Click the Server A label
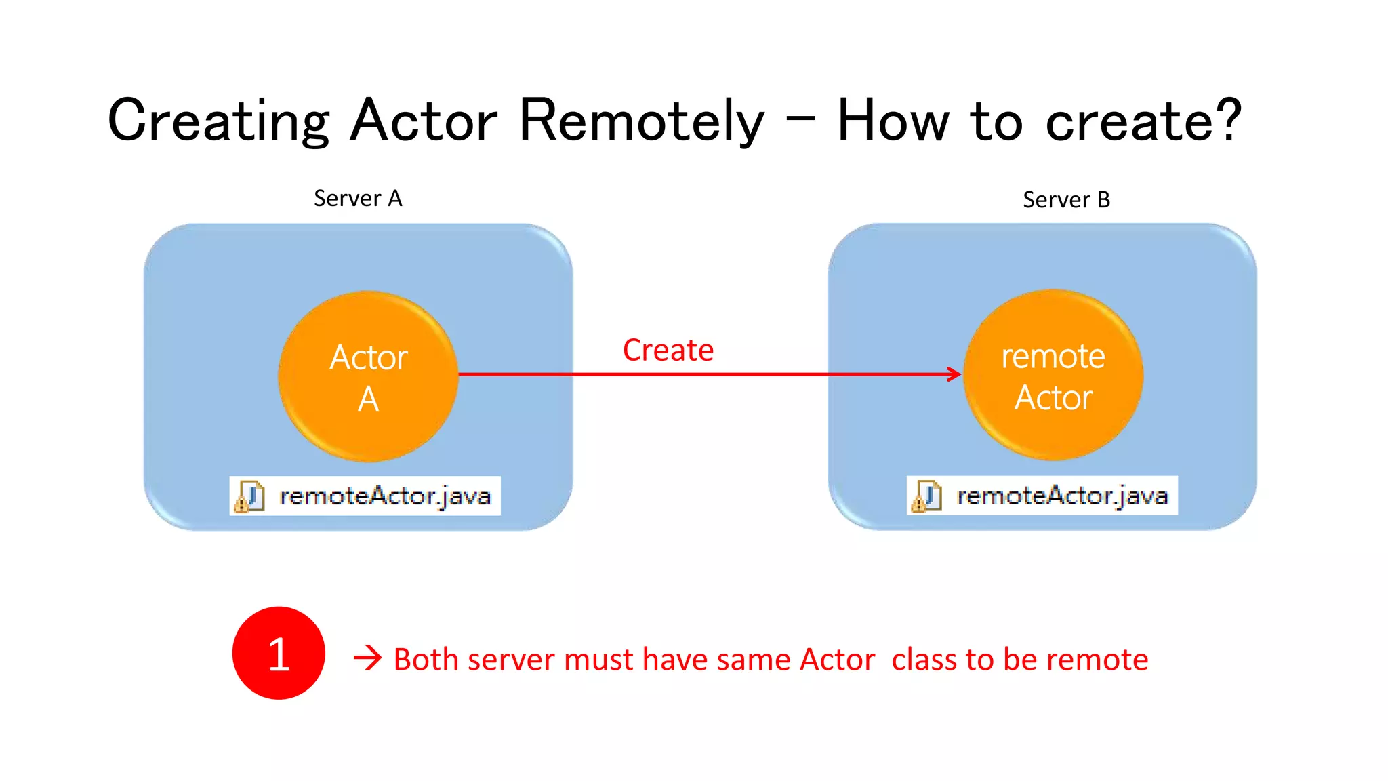pos(358,199)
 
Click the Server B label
pos(1066,200)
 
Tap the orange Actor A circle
pos(368,377)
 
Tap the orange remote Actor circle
pos(1053,376)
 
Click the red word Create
pos(668,351)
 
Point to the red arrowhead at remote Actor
pos(954,374)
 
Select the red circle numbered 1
pos(279,653)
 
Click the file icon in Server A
pos(249,496)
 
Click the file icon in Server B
pos(926,496)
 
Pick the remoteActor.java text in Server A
pos(385,496)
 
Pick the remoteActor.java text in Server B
pos(1062,496)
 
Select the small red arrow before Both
pos(367,658)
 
